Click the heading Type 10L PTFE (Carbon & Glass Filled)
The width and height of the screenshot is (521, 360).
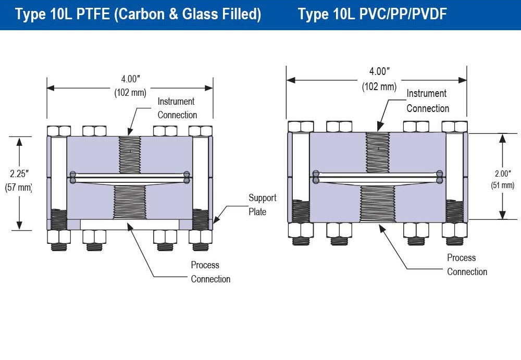pos(138,15)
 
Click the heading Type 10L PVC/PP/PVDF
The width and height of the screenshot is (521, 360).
pos(373,15)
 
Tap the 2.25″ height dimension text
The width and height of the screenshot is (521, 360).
pos(19,173)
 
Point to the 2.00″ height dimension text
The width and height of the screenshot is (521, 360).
pos(502,173)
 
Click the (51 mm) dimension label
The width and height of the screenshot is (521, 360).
pos(502,185)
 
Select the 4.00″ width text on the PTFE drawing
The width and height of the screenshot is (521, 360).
pos(131,79)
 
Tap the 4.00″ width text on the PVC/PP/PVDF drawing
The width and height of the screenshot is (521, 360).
pos(379,72)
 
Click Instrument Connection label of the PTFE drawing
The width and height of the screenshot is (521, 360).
pos(177,108)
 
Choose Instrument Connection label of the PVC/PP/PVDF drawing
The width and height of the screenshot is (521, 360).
pos(427,101)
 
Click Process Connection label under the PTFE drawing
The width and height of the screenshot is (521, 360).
pos(210,272)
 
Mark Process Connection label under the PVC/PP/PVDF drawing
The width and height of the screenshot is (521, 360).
pos(467,265)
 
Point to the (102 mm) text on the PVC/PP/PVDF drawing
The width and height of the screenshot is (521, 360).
pos(379,86)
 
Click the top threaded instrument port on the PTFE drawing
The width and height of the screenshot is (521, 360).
pos(130,154)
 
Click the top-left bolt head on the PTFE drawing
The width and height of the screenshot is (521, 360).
pos(58,130)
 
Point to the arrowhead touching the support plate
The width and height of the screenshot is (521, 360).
pos(216,220)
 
